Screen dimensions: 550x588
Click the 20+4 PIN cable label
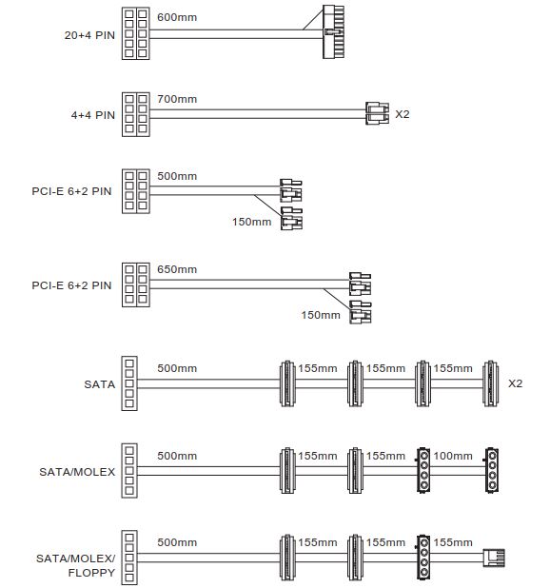(x=89, y=35)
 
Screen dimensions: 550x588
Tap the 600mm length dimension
(x=177, y=17)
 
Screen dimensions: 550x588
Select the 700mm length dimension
(x=177, y=99)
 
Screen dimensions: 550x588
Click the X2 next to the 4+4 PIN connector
(x=403, y=114)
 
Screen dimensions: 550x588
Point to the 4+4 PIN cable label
(x=93, y=115)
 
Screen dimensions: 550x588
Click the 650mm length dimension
(x=177, y=269)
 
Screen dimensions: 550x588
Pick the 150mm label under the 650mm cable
(x=321, y=315)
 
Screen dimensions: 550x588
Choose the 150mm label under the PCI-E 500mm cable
(x=251, y=222)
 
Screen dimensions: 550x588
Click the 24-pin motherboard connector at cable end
(x=333, y=32)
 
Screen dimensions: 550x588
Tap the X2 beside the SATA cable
(x=515, y=383)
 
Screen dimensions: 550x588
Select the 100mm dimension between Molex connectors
(x=453, y=456)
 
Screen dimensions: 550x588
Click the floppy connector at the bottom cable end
(x=494, y=558)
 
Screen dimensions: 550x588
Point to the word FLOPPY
(x=91, y=573)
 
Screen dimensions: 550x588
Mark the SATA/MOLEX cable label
(x=77, y=471)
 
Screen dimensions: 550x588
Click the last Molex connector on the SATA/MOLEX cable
(x=492, y=470)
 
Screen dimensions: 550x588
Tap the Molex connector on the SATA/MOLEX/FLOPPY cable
(x=423, y=558)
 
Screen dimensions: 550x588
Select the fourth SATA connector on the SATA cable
(x=490, y=383)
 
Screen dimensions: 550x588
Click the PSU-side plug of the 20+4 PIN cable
(x=136, y=33)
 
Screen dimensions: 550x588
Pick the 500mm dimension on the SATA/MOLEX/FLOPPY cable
(x=177, y=542)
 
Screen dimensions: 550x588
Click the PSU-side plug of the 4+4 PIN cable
(x=136, y=114)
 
